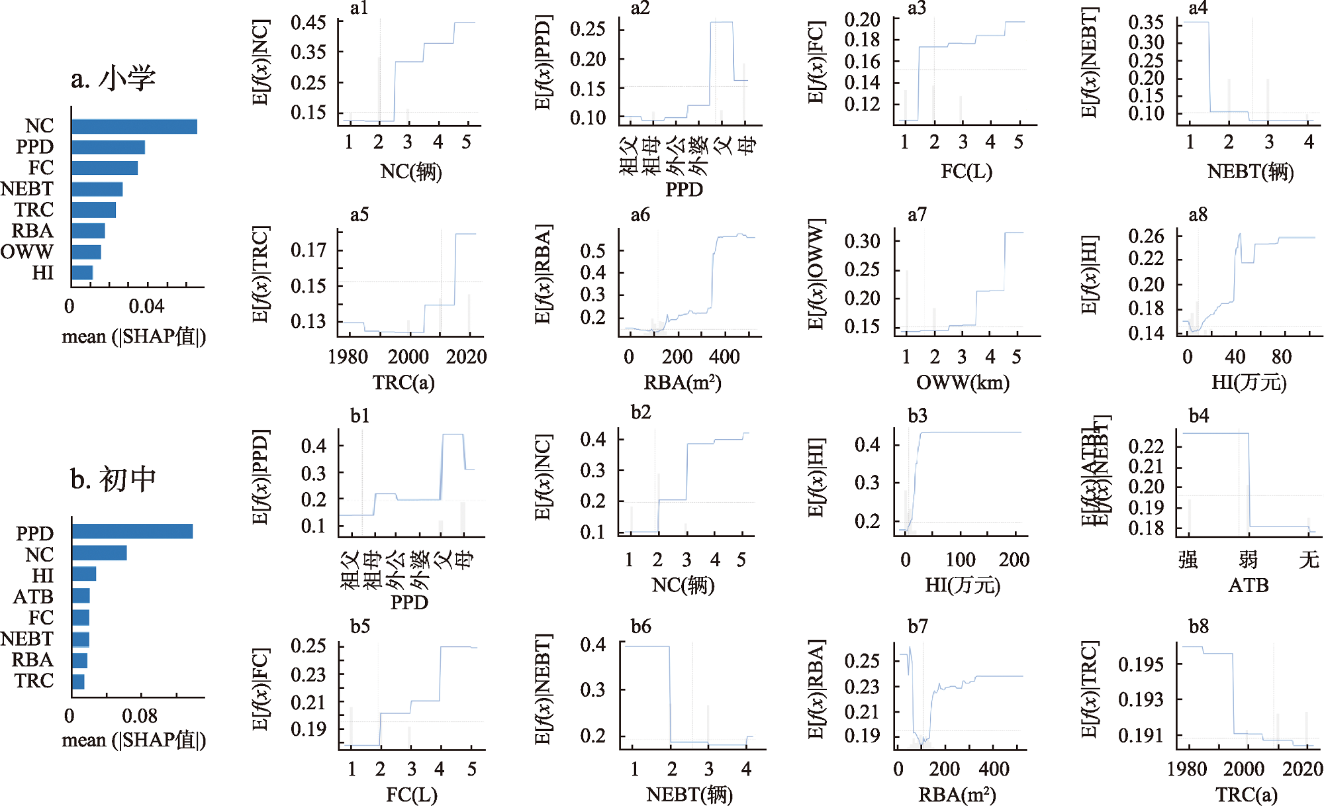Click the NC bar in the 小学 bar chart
coord(134,126)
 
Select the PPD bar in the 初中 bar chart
coord(132,531)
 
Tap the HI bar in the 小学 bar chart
coord(82,272)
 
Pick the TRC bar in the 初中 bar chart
coord(78,681)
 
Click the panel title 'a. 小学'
coord(113,79)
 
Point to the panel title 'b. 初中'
coord(113,479)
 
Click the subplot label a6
coord(640,215)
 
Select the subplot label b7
coord(918,627)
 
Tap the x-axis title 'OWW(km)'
coord(963,382)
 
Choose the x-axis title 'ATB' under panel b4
coord(1248,585)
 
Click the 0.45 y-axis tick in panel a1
coord(308,23)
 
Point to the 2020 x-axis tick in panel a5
coord(466,357)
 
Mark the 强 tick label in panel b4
coord(1188,560)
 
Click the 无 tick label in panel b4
coord(1309,560)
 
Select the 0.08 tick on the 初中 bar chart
coord(140,716)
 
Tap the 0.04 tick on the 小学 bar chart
coord(146,306)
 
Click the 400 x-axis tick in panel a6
coord(724,357)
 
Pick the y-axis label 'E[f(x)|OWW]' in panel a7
coord(816,274)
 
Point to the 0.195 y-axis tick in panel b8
coord(1140,664)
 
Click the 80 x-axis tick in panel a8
coord(1282,357)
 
